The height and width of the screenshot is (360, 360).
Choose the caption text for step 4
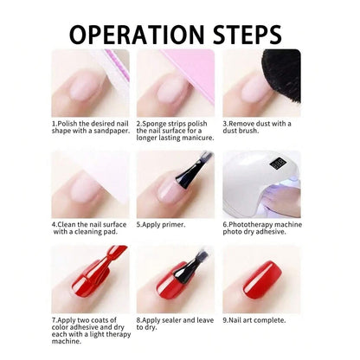pyautogui.click(x=89, y=228)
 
